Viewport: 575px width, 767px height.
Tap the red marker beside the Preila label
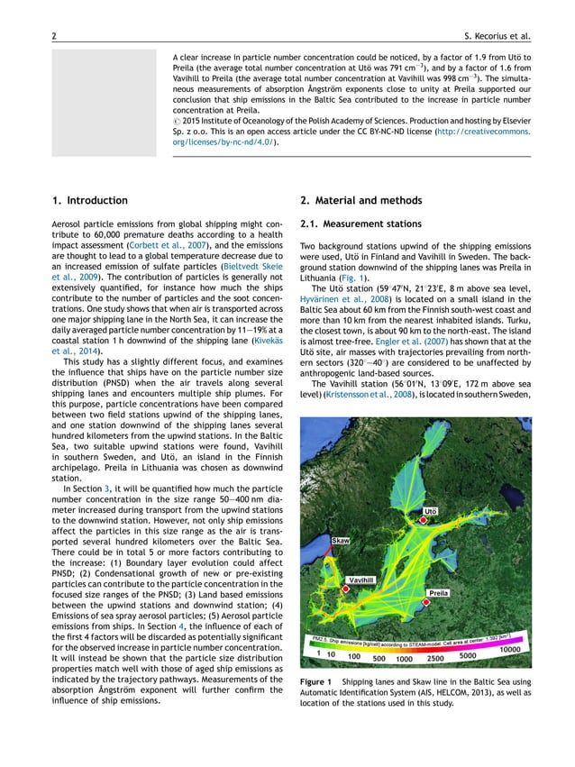coord(433,583)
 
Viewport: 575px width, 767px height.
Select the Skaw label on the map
coord(341,540)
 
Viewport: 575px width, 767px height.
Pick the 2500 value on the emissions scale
coord(436,656)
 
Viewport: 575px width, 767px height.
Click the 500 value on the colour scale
coord(380,659)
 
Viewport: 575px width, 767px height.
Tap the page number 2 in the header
coord(55,36)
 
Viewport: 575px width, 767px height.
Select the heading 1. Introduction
coord(90,200)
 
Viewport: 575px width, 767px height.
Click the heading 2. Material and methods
coord(361,200)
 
